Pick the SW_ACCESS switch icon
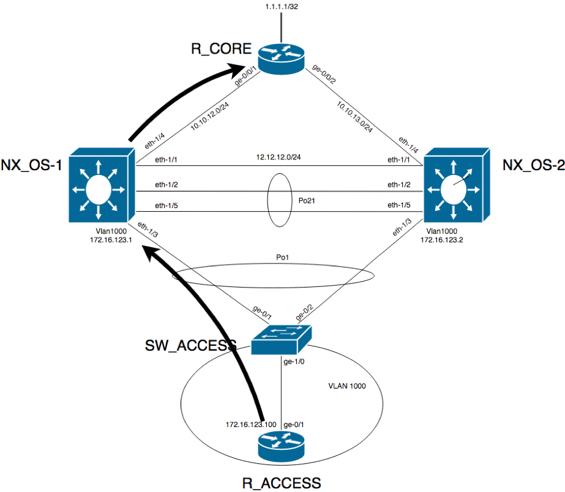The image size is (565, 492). pos(282,340)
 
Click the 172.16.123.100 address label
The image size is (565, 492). pos(251,425)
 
